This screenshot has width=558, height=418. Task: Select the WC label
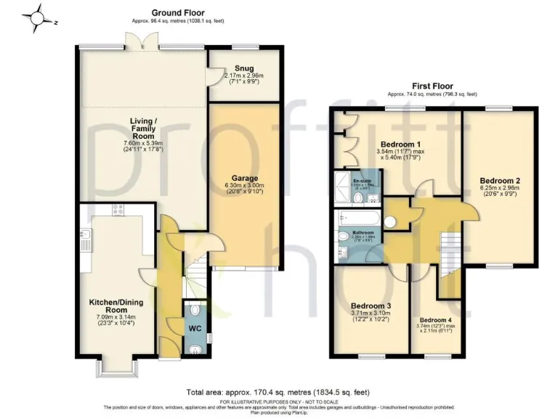(x=195, y=328)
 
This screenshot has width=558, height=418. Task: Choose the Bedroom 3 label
(x=371, y=306)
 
